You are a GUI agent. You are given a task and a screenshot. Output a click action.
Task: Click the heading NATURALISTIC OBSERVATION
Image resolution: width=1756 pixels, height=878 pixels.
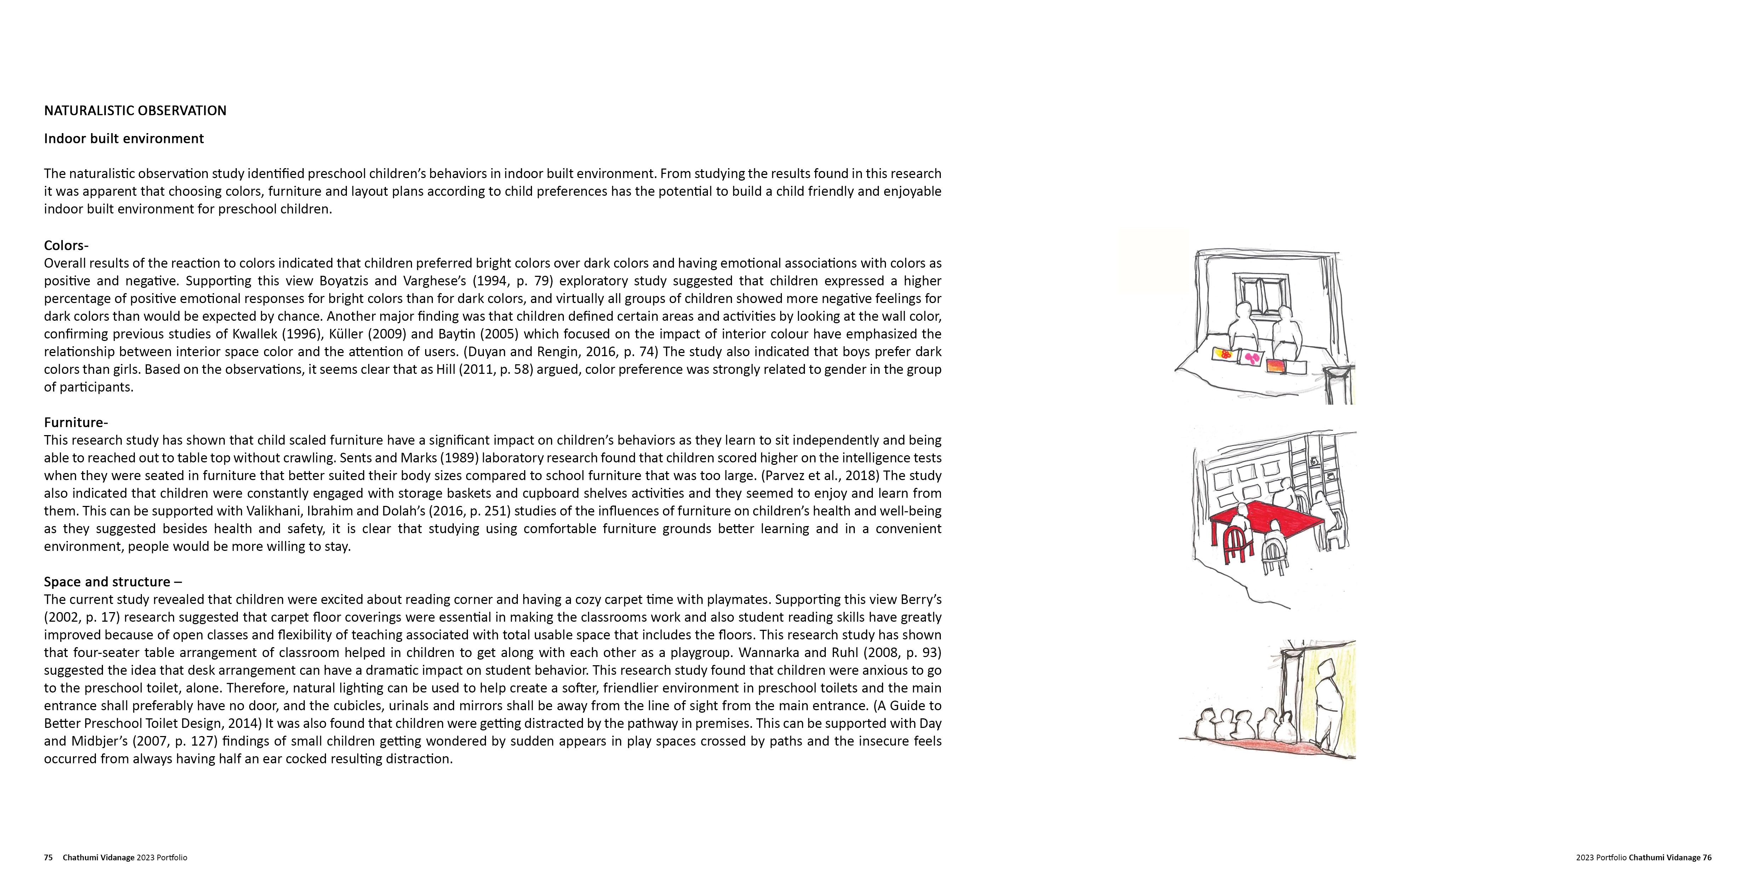click(x=135, y=110)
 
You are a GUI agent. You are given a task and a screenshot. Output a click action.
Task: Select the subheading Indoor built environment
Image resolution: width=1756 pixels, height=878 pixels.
click(x=124, y=138)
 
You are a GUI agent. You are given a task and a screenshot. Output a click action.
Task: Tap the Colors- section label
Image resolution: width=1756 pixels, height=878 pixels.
click(x=66, y=245)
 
